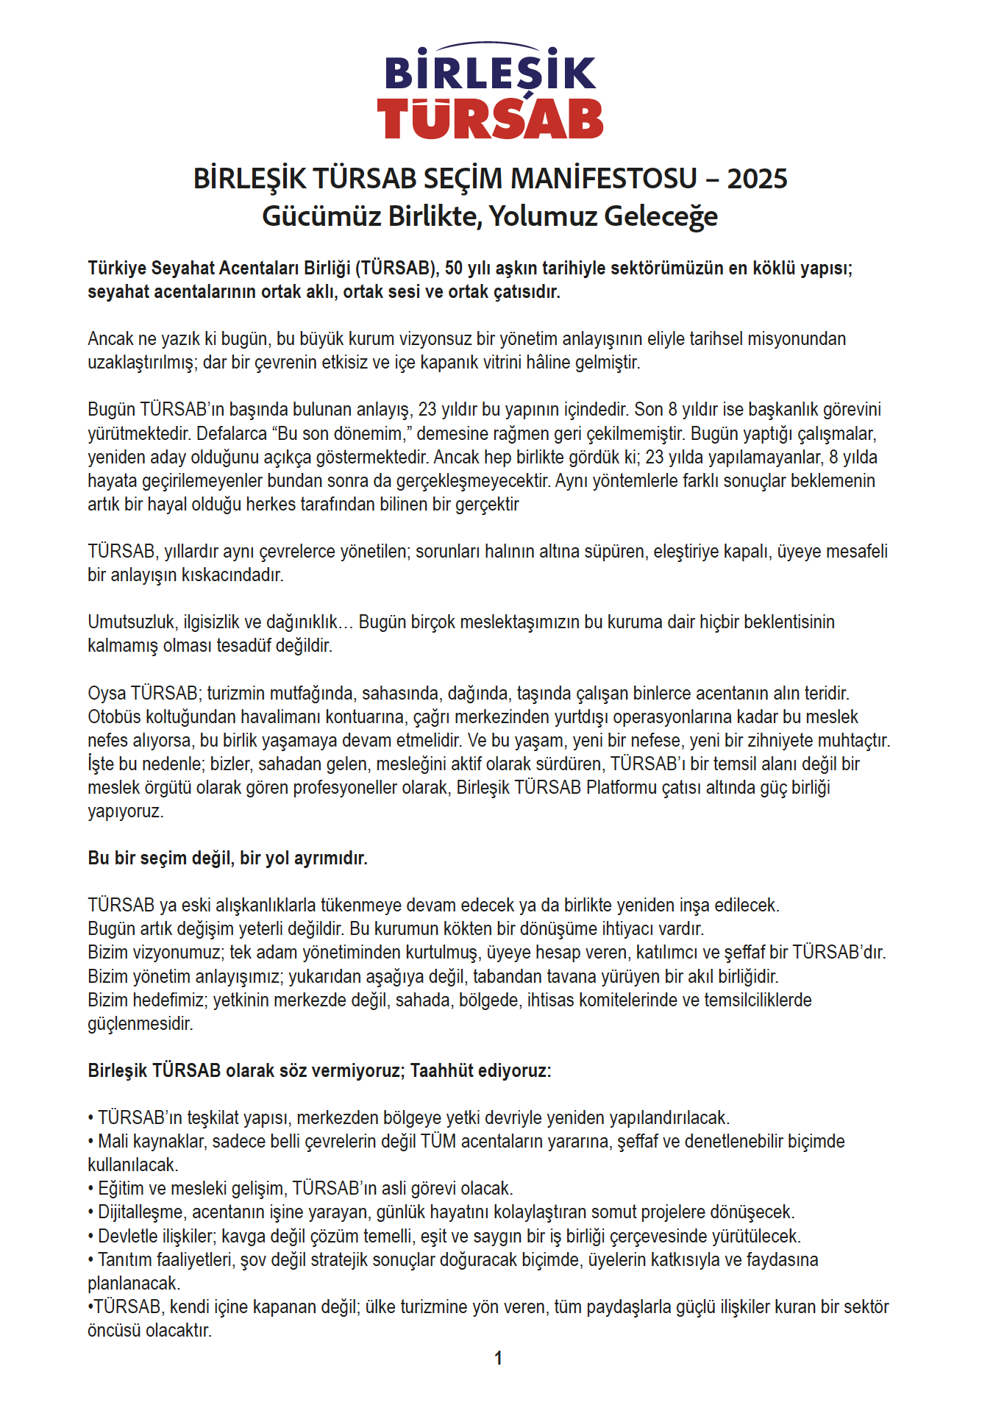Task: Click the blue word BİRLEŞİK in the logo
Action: pos(490,72)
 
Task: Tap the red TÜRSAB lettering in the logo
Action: pos(490,118)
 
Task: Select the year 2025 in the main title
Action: pos(757,179)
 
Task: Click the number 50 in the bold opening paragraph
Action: pos(454,269)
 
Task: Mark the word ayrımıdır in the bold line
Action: pos(331,858)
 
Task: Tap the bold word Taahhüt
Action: pos(442,1071)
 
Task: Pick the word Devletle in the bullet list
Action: pos(127,1237)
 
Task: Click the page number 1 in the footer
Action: pos(498,1359)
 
